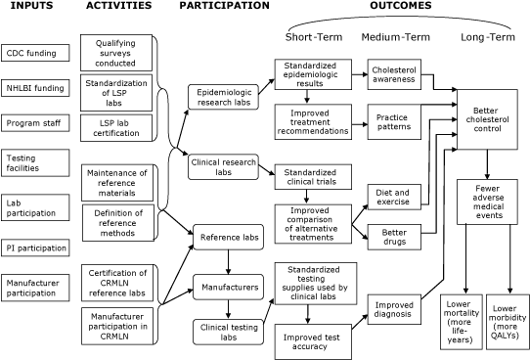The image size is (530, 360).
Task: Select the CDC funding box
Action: pos(35,52)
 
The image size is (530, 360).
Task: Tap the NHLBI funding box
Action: pos(35,88)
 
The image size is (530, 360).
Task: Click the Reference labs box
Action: pos(228,237)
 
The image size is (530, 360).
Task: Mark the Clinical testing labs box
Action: pos(228,333)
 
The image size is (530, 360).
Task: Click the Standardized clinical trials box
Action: pos(309,177)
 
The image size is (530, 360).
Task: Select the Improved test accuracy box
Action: pos(309,338)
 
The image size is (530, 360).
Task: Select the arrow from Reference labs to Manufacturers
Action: pos(228,263)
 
